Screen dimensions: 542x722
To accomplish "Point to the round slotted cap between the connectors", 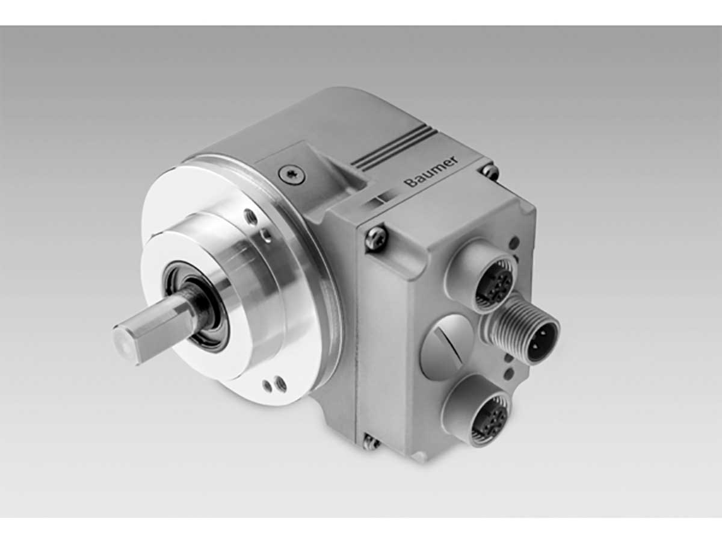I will tap(445, 346).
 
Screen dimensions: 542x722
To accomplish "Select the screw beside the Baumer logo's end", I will tap(490, 172).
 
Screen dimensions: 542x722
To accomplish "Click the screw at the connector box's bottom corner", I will tap(371, 443).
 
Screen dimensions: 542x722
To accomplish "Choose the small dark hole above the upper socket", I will tap(514, 243).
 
